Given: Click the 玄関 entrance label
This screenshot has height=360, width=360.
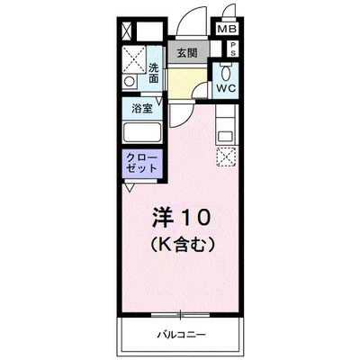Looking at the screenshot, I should click(188, 51).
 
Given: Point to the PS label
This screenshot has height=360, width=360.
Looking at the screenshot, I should click(233, 49).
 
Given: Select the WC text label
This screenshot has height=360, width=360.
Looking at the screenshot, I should click(225, 89).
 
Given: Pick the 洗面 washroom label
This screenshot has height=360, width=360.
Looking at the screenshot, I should click(155, 72).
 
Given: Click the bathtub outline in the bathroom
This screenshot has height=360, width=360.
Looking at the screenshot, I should click(140, 131).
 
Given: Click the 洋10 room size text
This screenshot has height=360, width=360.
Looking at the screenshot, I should click(180, 217).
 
